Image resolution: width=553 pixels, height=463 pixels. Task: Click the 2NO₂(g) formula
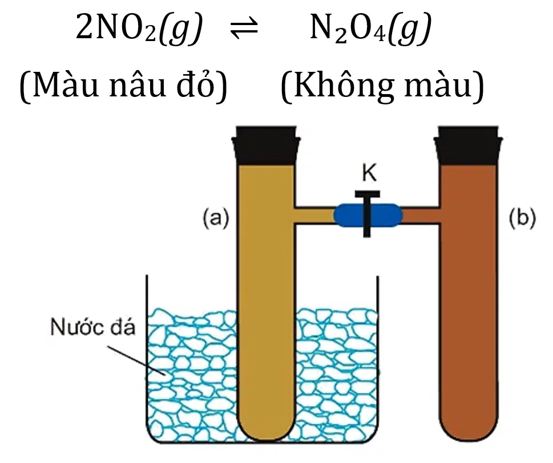[139, 29]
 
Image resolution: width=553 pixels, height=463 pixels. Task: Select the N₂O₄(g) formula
[370, 29]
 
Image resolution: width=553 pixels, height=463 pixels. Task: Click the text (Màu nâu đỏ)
[123, 86]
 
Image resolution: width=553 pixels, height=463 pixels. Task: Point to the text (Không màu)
[382, 86]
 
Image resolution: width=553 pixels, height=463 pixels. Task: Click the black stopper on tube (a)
[266, 145]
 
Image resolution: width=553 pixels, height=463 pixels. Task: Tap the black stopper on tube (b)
[469, 145]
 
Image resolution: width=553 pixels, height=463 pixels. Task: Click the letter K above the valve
[369, 173]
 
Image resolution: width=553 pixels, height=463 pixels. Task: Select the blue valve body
[368, 215]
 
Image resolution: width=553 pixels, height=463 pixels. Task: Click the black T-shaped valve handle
[367, 213]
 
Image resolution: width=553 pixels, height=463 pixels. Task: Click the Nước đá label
[93, 327]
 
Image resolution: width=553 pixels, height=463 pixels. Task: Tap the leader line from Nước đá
[136, 360]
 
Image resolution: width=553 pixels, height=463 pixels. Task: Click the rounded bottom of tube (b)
[469, 425]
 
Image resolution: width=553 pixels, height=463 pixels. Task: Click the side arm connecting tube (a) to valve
[314, 215]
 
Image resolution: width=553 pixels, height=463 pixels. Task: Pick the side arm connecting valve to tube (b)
[421, 215]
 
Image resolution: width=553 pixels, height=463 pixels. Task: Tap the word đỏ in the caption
[196, 86]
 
